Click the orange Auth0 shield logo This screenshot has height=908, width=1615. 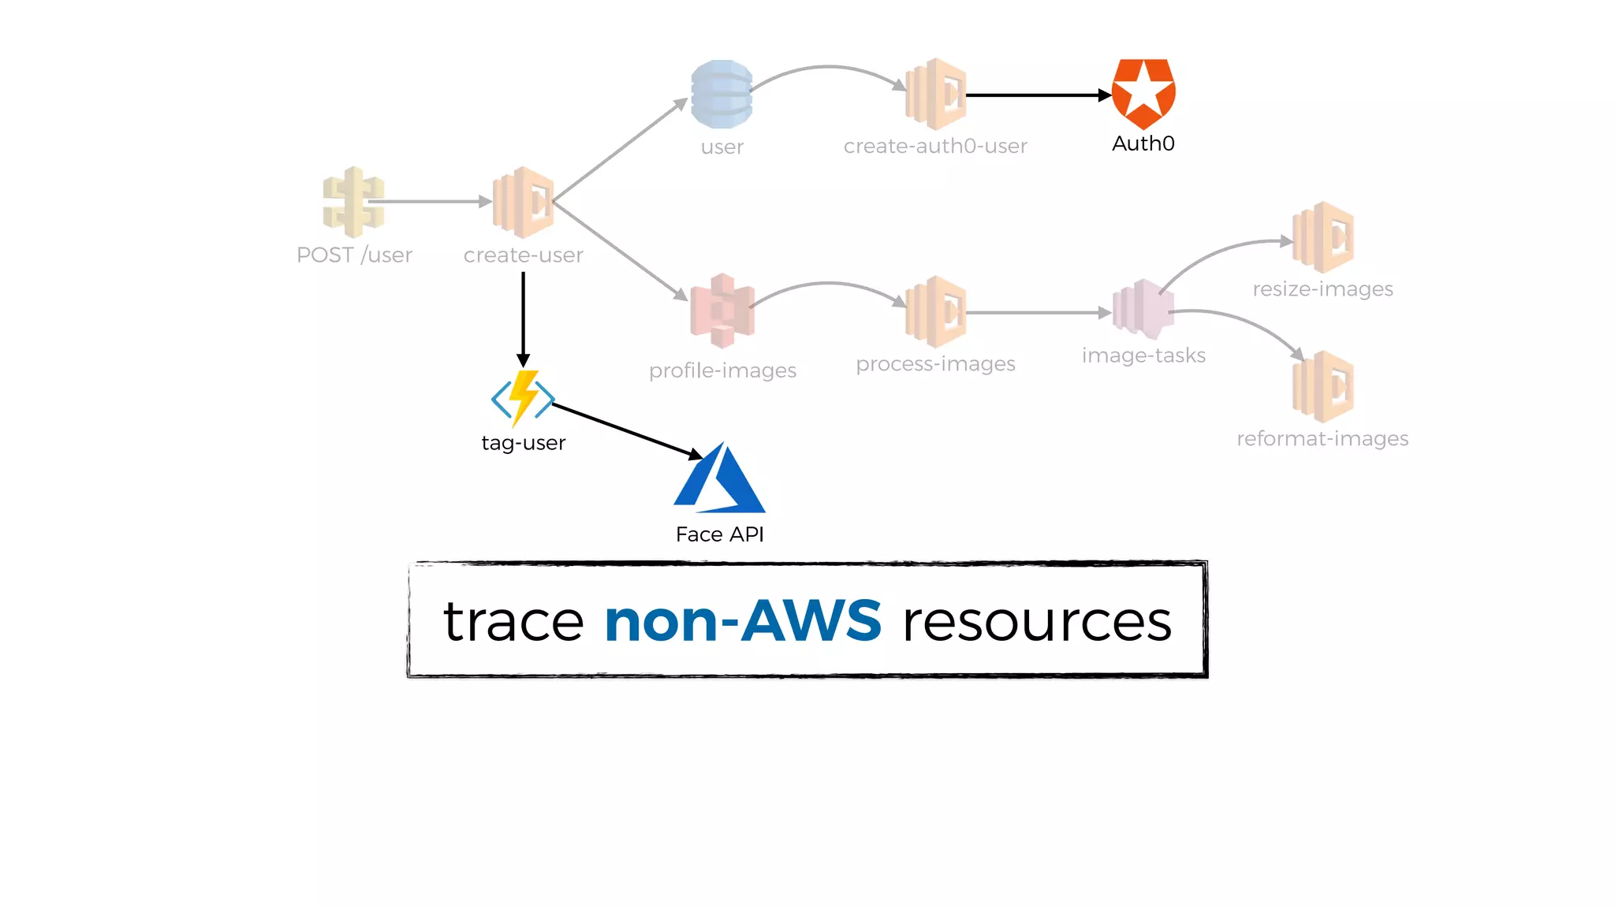click(x=1143, y=93)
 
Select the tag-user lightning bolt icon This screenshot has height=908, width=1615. click(x=523, y=398)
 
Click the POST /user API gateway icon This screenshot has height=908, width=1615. click(x=353, y=202)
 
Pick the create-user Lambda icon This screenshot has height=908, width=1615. click(x=523, y=203)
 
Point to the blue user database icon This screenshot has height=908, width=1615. click(x=722, y=95)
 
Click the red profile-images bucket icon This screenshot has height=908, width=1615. click(x=722, y=311)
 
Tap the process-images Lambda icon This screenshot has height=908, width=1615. click(x=936, y=312)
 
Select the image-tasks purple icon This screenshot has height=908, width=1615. click(x=1143, y=310)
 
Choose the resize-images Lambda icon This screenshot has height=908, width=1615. click(x=1323, y=237)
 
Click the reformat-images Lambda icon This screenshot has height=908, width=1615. click(x=1323, y=387)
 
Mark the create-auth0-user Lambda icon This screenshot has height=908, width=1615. click(x=936, y=94)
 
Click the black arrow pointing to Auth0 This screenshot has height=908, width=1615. click(x=1037, y=95)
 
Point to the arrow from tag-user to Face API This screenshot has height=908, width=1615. click(x=627, y=430)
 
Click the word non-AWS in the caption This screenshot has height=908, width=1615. click(x=743, y=621)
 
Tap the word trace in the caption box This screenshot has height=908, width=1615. click(x=513, y=623)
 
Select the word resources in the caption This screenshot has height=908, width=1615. click(x=1037, y=623)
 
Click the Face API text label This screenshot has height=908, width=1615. click(x=719, y=534)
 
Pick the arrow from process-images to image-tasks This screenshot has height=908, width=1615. click(x=1037, y=313)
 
